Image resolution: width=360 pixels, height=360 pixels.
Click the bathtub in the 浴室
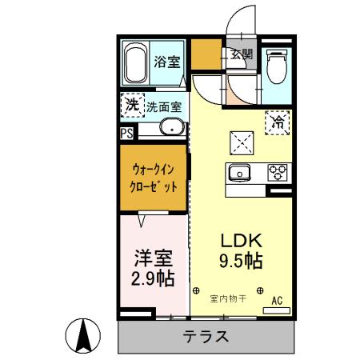(x=135, y=65)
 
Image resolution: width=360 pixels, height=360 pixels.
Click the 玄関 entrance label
(x=242, y=54)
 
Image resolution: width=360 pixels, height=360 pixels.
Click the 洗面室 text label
(x=163, y=106)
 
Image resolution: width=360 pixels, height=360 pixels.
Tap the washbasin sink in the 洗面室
(x=170, y=127)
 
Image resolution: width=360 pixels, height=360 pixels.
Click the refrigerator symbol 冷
(x=278, y=123)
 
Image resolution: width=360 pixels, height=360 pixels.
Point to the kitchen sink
(x=241, y=172)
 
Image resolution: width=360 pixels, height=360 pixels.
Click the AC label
(x=278, y=300)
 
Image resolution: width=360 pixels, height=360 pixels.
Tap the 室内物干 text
(x=227, y=300)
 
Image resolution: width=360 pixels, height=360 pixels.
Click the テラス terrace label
(x=206, y=336)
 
